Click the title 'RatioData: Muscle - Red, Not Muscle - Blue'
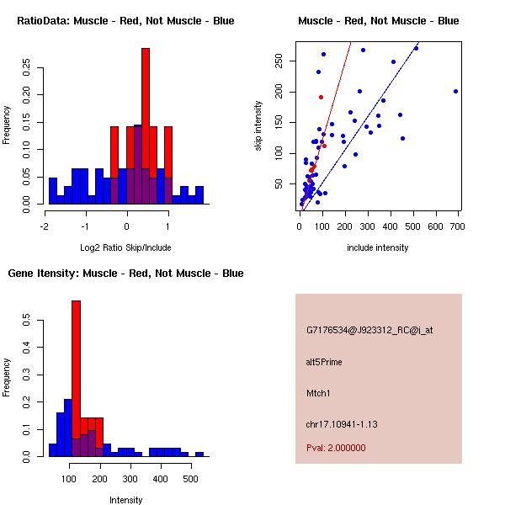pos(125,20)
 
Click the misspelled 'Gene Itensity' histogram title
pos(125,274)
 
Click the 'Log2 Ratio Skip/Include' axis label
pos(125,247)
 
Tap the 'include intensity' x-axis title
pos(378,247)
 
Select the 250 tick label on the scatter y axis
pos(277,61)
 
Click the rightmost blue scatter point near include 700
pos(455,91)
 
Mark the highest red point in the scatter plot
pos(321,97)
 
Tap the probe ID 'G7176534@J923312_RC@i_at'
pos(369,331)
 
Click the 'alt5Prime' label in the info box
pos(324,362)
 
